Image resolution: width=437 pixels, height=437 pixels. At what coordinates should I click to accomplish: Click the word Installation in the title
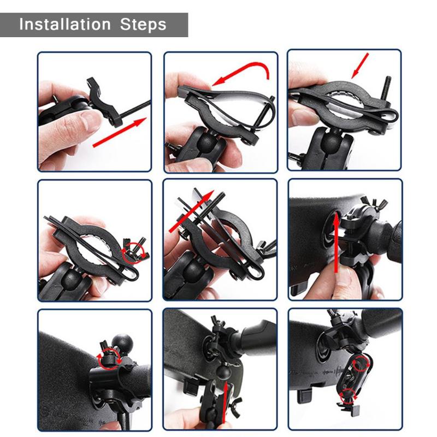64,25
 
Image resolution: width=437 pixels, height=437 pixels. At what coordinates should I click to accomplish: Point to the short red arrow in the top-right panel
361,66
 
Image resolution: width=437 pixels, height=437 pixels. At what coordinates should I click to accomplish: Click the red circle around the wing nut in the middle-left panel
134,251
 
